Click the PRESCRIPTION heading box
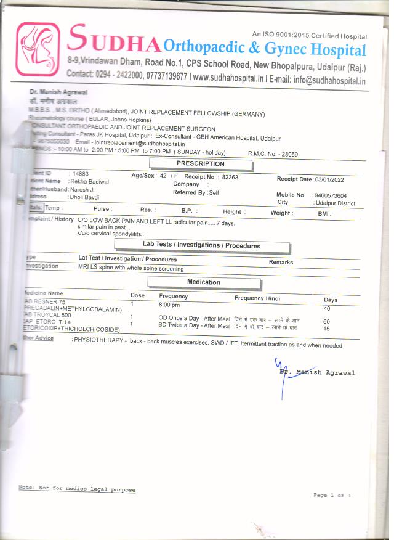point(201,164)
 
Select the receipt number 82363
point(230,177)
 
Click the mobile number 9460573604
point(330,195)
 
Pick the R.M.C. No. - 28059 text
point(273,153)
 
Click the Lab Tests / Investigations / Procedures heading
point(210,245)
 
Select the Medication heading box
point(203,282)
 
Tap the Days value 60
point(326,321)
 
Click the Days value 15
point(326,329)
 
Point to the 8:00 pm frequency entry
point(169,305)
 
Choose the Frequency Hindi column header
point(257,298)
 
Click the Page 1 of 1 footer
point(332,495)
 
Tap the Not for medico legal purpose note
point(77,489)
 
